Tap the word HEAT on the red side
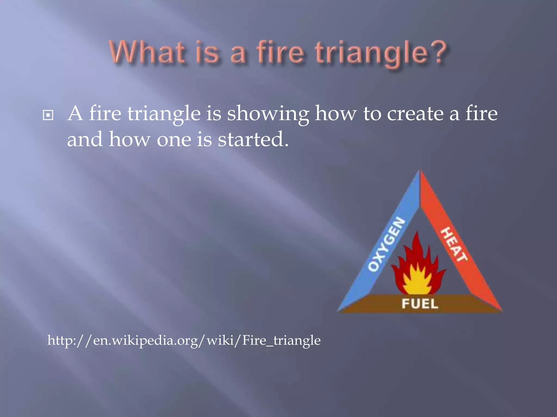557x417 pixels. pyautogui.click(x=454, y=245)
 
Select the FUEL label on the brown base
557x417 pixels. pyautogui.click(x=420, y=304)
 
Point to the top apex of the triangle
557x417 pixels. pyautogui.click(x=420, y=171)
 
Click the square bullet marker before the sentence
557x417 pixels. pyautogui.click(x=48, y=115)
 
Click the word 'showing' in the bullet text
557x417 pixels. pyautogui.click(x=268, y=114)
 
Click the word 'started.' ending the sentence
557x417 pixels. pyautogui.click(x=253, y=139)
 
